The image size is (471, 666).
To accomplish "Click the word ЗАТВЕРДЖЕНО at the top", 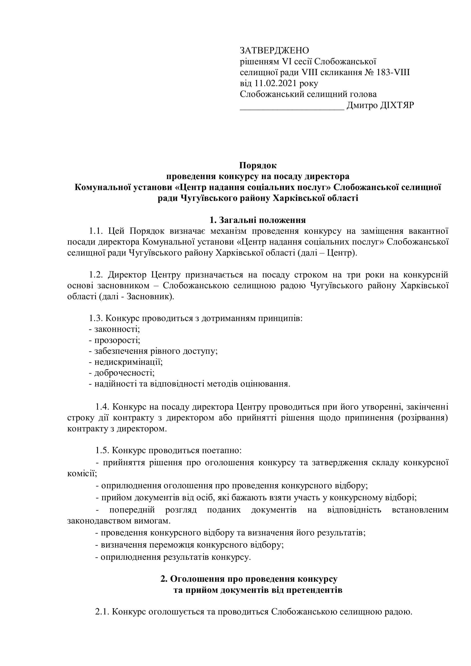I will (274, 50).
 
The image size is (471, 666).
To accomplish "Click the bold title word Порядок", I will (258, 165).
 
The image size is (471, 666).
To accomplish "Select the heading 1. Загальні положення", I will (257, 220).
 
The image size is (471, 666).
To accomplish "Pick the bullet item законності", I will (117, 329).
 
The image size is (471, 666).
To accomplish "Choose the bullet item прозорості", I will (117, 340).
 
